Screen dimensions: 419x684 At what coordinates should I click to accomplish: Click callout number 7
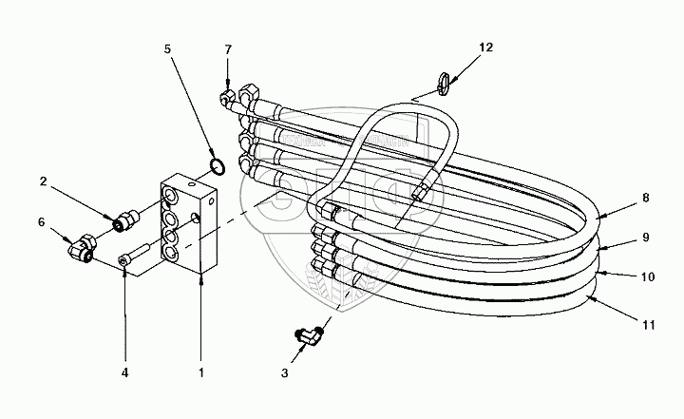pos(227,48)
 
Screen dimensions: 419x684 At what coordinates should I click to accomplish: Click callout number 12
pos(485,47)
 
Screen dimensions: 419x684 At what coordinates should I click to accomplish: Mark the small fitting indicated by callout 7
pos(227,96)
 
